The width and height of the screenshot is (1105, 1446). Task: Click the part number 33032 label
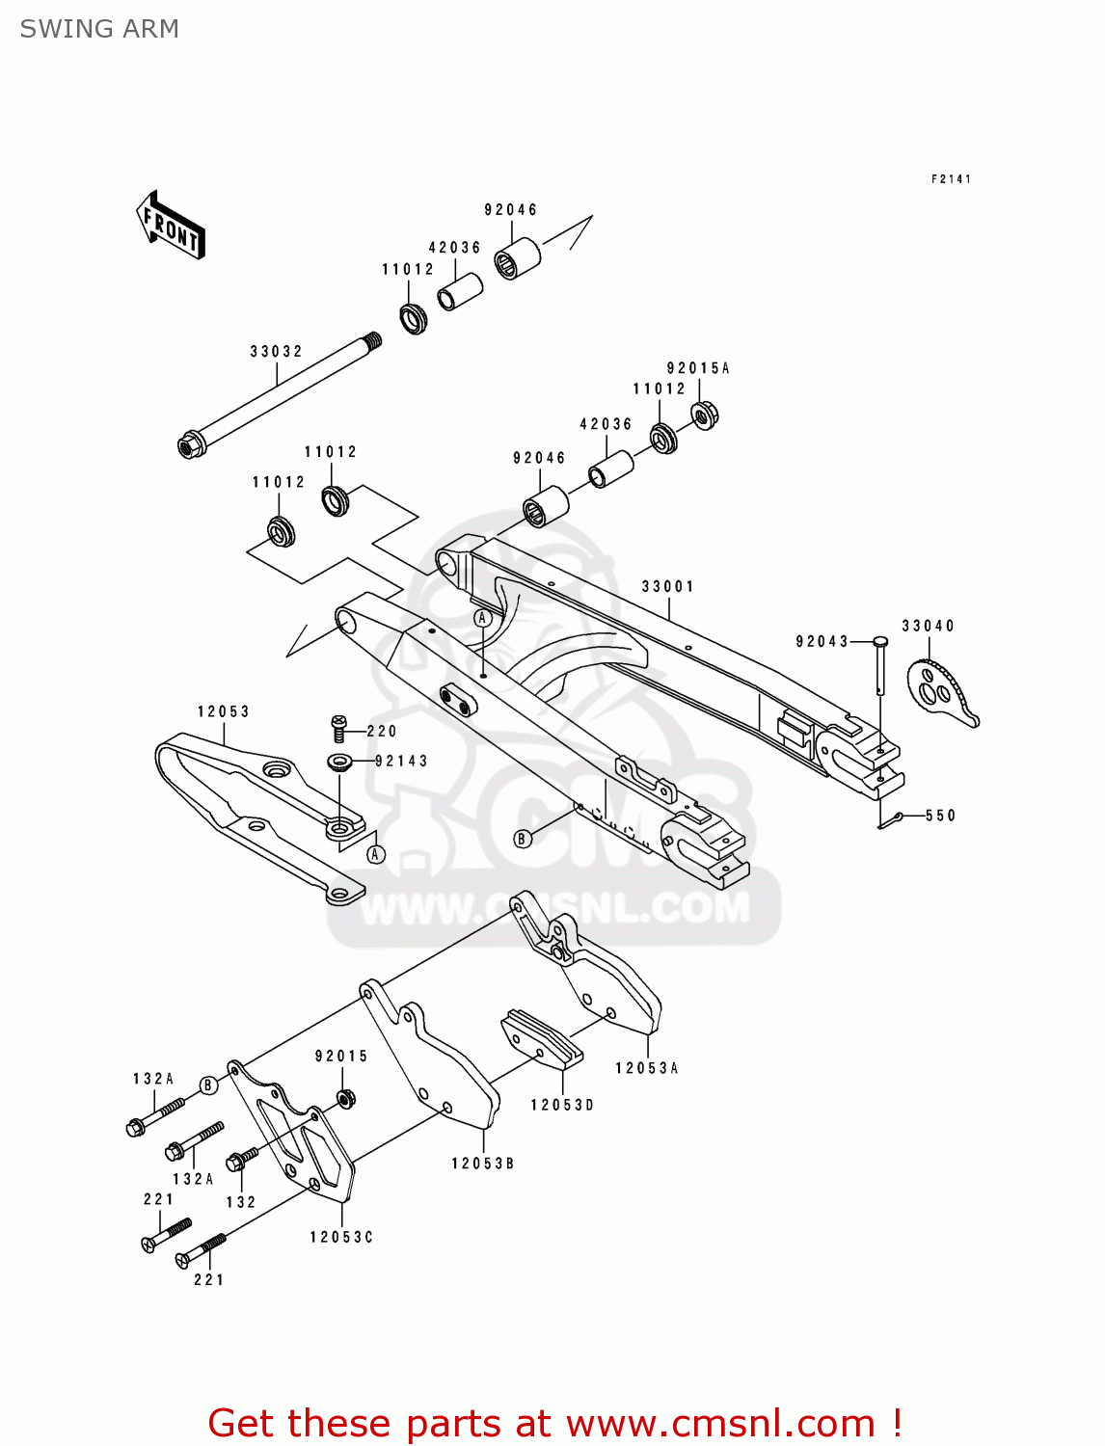(276, 352)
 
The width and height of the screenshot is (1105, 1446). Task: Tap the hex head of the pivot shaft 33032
(189, 446)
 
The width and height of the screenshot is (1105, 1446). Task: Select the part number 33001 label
(667, 587)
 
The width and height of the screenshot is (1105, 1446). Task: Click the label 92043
(822, 642)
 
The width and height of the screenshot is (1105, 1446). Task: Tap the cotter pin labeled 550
(889, 820)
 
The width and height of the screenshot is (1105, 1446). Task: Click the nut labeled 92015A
(706, 415)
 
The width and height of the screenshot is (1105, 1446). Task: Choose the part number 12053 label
(224, 712)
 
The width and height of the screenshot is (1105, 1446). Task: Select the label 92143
(401, 762)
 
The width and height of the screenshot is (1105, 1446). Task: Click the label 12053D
(562, 1105)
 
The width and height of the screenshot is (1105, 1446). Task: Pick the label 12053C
(341, 1237)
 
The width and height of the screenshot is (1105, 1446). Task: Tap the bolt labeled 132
(239, 1162)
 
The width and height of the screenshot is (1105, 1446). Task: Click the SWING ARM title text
(99, 29)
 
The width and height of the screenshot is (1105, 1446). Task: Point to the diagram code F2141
(951, 179)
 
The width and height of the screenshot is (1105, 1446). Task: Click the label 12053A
(647, 1068)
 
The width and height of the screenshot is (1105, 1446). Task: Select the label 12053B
(483, 1164)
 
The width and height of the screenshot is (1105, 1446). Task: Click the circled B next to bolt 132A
(208, 1086)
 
